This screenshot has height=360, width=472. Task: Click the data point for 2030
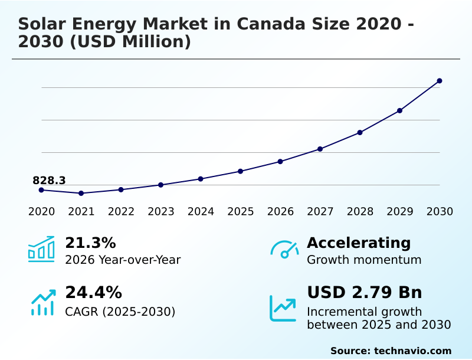[440, 81]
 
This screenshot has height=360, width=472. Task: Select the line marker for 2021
[81, 193]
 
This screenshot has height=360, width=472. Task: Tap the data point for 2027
[320, 149]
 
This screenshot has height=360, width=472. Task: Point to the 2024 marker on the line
[201, 179]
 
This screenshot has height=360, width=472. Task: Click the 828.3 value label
[49, 181]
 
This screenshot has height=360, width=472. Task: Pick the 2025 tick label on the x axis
[241, 212]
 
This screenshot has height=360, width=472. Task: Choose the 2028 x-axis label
[360, 212]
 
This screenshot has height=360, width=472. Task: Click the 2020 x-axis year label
[41, 212]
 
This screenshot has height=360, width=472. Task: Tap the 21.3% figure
[90, 243]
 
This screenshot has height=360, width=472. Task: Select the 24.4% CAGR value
[93, 293]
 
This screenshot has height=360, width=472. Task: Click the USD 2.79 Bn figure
[364, 293]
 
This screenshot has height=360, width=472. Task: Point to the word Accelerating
[359, 243]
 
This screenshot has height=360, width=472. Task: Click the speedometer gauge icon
[284, 250]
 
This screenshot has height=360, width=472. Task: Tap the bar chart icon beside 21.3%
[41, 249]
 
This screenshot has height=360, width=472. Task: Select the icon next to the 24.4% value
[42, 302]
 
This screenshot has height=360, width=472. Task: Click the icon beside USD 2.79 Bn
[283, 308]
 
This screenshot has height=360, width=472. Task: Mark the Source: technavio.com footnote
[391, 351]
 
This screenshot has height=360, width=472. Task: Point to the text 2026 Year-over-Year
[123, 260]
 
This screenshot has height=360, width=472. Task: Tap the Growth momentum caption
[364, 260]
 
